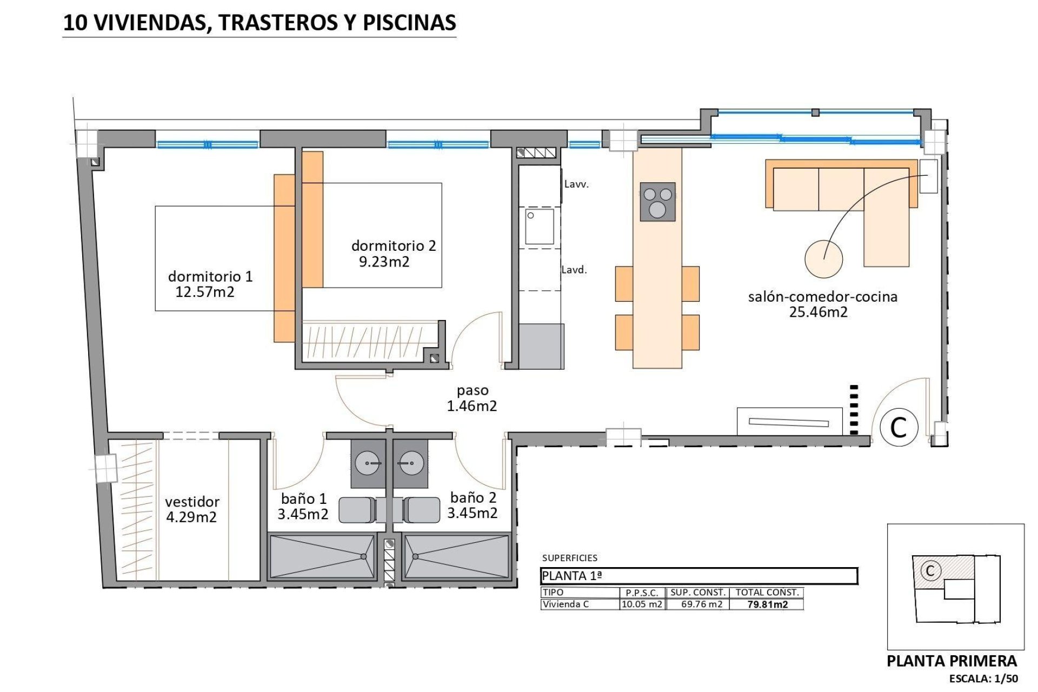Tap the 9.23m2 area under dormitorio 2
(x=384, y=262)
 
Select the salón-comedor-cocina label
(x=822, y=297)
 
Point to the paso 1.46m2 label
(x=472, y=398)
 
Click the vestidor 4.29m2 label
(x=192, y=509)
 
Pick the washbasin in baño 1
(x=368, y=463)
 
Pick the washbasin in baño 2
(x=411, y=463)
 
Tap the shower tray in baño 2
(x=456, y=557)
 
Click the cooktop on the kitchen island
(x=657, y=202)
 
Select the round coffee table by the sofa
(x=823, y=259)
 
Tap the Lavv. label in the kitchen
(x=576, y=184)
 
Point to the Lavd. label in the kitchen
(x=574, y=270)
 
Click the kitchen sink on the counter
(x=540, y=227)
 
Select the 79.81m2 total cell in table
(x=767, y=604)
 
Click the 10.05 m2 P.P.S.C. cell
(x=642, y=604)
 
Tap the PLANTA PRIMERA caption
(x=951, y=661)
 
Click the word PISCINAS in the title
(x=409, y=23)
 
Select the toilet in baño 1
(x=357, y=510)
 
